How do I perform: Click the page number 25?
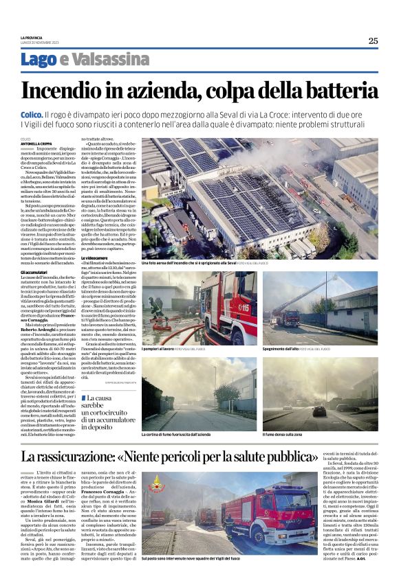(x=372, y=41)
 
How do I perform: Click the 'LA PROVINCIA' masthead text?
(x=32, y=36)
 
